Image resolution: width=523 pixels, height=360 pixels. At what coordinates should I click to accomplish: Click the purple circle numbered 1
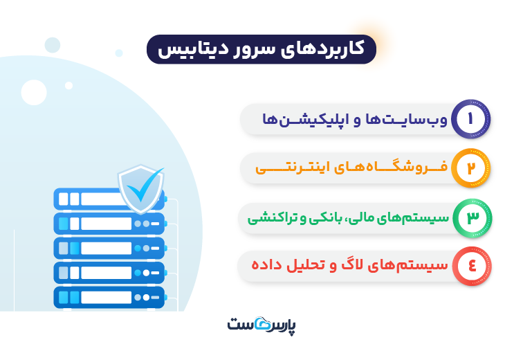(x=470, y=118)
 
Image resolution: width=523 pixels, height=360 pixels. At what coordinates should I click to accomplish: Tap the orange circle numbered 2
(x=470, y=168)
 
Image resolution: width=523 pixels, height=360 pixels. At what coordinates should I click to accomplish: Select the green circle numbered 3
(x=470, y=217)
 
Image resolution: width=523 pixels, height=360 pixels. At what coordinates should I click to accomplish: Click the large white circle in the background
(x=34, y=91)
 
